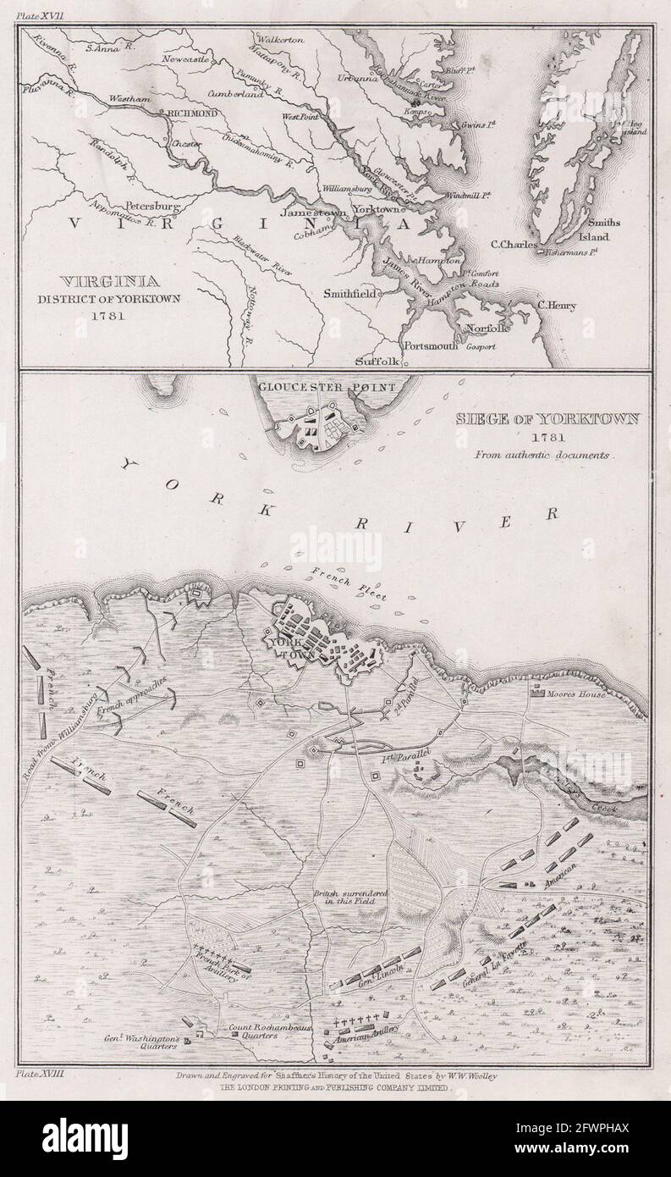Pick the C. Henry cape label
pyautogui.click(x=556, y=307)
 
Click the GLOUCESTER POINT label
pyautogui.click(x=329, y=387)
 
